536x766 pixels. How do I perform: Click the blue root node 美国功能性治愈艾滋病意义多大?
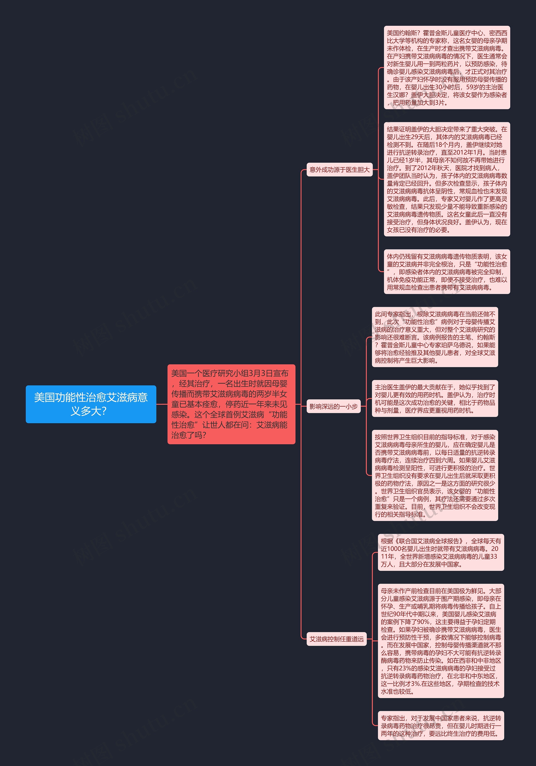(x=91, y=404)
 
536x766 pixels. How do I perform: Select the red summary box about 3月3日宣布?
(x=231, y=404)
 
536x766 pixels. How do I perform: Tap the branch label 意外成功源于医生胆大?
(x=339, y=170)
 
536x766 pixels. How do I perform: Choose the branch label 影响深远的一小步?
(x=333, y=406)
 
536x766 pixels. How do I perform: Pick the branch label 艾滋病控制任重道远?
(x=336, y=639)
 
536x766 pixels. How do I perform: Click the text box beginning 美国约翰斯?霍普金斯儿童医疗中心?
(x=447, y=67)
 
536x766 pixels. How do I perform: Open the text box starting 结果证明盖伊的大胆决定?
(x=447, y=179)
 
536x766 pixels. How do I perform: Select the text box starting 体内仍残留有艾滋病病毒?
(x=447, y=272)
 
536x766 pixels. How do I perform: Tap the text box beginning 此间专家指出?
(x=435, y=337)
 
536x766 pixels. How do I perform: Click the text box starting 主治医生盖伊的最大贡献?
(x=435, y=398)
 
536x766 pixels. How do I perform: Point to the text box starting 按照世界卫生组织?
(x=435, y=475)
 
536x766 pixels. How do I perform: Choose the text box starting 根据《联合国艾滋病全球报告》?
(x=441, y=552)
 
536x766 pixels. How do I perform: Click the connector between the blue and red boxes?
(x=162, y=404)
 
